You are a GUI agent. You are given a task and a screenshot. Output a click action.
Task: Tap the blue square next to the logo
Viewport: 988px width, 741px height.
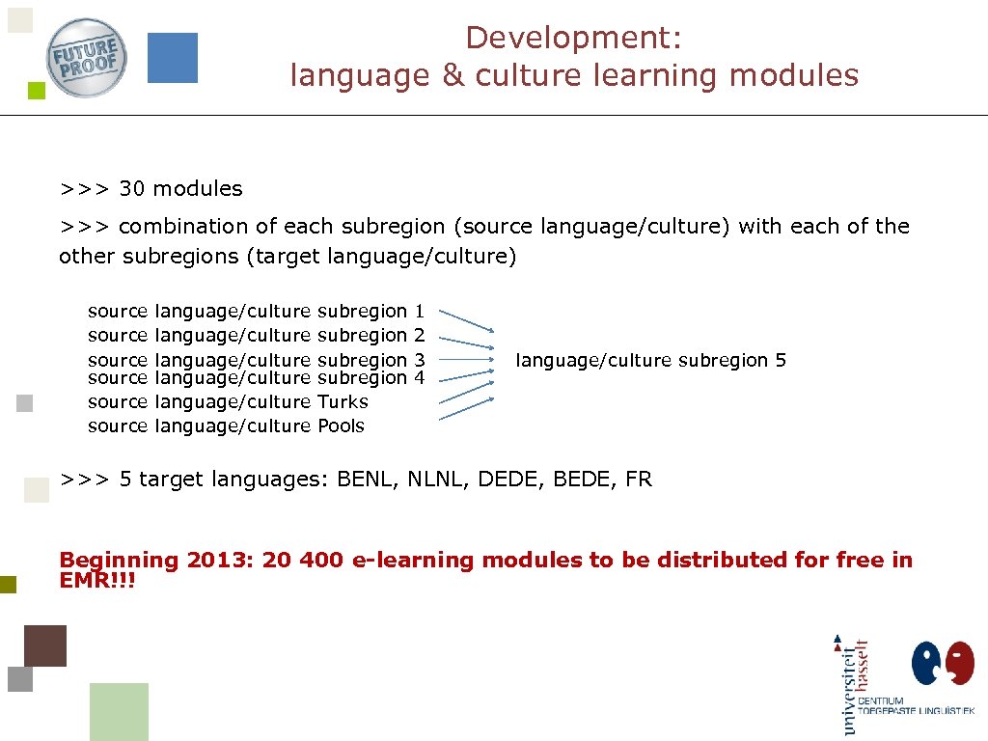tap(172, 58)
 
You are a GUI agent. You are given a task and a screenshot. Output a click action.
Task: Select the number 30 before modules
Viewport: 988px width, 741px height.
tap(132, 189)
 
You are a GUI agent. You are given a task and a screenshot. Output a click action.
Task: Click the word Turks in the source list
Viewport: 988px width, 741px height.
tap(343, 401)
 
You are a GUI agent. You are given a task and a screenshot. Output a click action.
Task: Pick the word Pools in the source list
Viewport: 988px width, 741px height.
tap(341, 425)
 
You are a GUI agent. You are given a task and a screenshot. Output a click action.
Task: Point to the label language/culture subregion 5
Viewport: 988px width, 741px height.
tap(651, 361)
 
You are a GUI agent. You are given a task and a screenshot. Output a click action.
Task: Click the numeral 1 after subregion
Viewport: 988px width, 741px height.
tap(419, 311)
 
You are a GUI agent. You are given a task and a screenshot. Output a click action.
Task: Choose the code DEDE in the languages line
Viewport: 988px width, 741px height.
tap(510, 479)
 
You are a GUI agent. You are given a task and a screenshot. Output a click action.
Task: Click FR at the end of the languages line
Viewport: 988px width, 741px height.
tap(639, 479)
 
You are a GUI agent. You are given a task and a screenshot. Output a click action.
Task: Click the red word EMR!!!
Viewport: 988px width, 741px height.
tap(97, 582)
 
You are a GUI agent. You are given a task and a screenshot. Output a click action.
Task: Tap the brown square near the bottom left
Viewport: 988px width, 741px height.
tap(45, 645)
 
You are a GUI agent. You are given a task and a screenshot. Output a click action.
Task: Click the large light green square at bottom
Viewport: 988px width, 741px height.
tap(119, 711)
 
